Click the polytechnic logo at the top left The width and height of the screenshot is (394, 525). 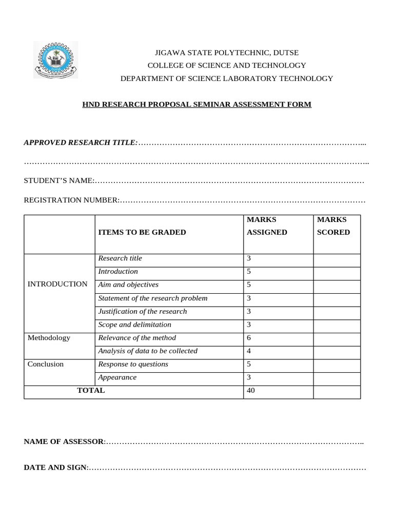click(55, 60)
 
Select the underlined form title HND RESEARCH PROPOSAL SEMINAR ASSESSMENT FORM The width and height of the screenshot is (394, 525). click(197, 105)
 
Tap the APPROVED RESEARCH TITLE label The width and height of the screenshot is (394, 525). click(81, 142)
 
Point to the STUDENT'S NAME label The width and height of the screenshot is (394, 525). click(59, 180)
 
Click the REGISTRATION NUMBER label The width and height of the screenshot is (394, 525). click(71, 200)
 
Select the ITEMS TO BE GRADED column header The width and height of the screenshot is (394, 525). click(142, 232)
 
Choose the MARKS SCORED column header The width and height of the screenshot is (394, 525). click(333, 226)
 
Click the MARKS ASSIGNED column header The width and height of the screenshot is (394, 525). click(267, 226)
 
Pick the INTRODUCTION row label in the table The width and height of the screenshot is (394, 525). click(57, 284)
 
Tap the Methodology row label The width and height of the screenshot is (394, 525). click(49, 338)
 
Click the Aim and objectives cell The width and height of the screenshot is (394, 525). click(128, 285)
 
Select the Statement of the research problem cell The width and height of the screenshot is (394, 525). click(153, 298)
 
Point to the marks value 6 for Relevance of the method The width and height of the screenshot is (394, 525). click(249, 338)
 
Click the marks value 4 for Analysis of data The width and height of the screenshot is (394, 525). click(249, 351)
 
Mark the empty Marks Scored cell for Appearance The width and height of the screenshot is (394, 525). click(337, 378)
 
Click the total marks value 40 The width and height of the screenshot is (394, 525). click(251, 391)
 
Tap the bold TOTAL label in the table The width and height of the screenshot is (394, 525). click(91, 391)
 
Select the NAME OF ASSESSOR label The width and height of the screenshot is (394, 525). click(64, 441)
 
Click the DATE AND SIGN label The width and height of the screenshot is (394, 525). click(56, 468)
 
